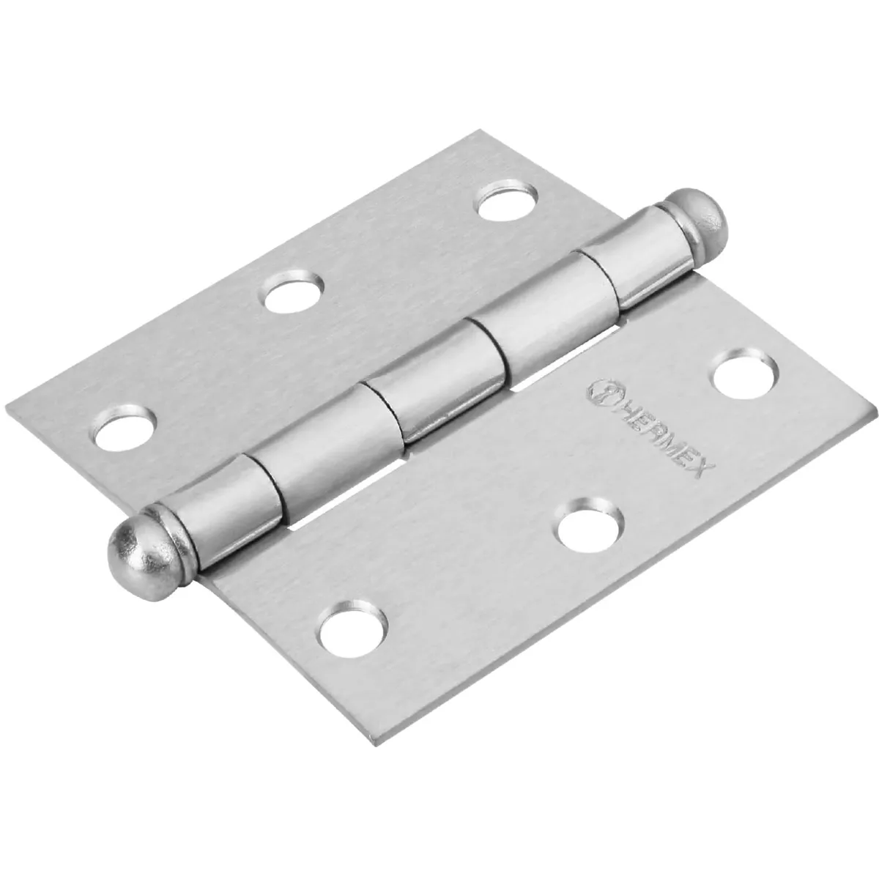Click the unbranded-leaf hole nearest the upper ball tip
[x=507, y=199]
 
